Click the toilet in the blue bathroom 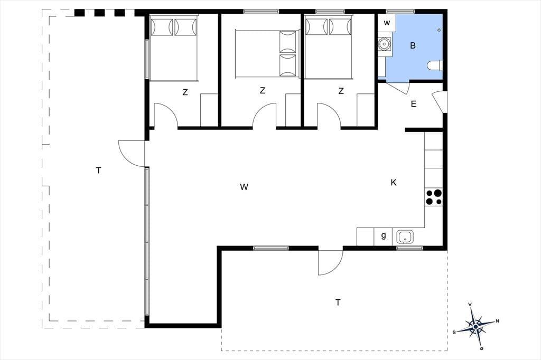[435, 65]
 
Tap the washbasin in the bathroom [384, 44]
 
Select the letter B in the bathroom [413, 45]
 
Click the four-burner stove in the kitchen [434, 197]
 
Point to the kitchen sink [405, 237]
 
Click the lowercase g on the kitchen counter [384, 236]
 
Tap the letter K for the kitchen [394, 183]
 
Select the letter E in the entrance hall [414, 104]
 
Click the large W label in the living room [244, 187]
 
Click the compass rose [476, 326]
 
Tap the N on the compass [498, 321]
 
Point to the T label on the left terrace [99, 170]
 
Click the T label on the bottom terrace [338, 302]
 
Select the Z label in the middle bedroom [263, 91]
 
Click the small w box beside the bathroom [387, 23]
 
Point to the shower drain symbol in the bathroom [439, 30]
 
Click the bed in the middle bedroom [266, 53]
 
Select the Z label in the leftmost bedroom [185, 92]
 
